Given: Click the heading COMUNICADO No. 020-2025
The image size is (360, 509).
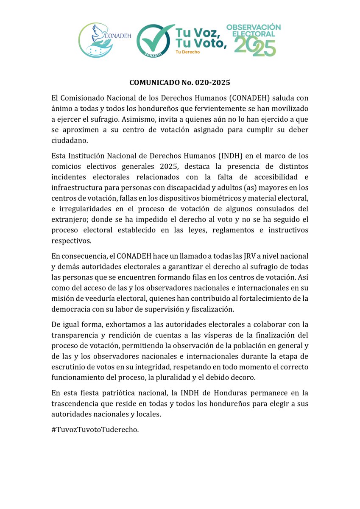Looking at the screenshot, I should coord(180,82).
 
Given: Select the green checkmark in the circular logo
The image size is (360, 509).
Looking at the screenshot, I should coord(152,39).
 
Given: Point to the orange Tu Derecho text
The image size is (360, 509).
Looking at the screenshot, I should coord(187,52).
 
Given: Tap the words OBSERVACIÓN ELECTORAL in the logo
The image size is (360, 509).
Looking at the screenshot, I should coord(253,30).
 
